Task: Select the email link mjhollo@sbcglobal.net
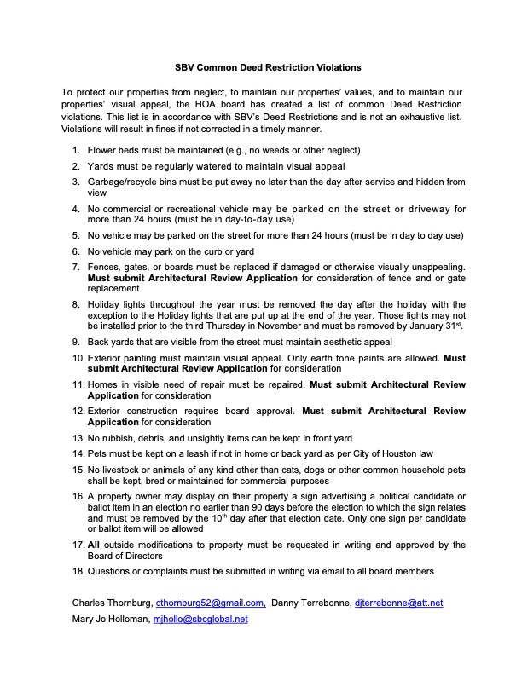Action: (x=200, y=619)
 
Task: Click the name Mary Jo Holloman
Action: (x=109, y=619)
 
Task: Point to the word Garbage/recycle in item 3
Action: (x=119, y=182)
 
